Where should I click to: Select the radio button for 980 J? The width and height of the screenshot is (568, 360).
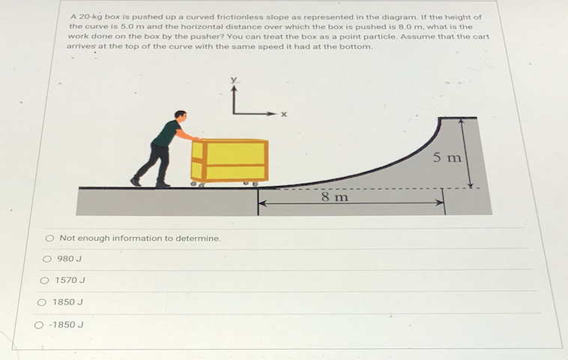[47, 259]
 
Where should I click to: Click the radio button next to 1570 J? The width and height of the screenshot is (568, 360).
[44, 280]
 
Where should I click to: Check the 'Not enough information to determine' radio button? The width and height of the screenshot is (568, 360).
[49, 238]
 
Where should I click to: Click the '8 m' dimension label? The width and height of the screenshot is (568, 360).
[334, 197]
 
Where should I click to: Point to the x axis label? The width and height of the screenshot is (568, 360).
[284, 115]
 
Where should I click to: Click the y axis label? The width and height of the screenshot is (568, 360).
[234, 79]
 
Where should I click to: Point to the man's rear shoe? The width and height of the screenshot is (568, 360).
[136, 181]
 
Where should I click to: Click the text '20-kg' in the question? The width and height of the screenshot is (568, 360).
[91, 16]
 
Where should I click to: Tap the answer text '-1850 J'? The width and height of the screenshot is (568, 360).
[65, 325]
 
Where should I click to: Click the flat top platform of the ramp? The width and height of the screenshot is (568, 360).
[457, 118]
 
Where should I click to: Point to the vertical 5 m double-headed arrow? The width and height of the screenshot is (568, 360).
[470, 153]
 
